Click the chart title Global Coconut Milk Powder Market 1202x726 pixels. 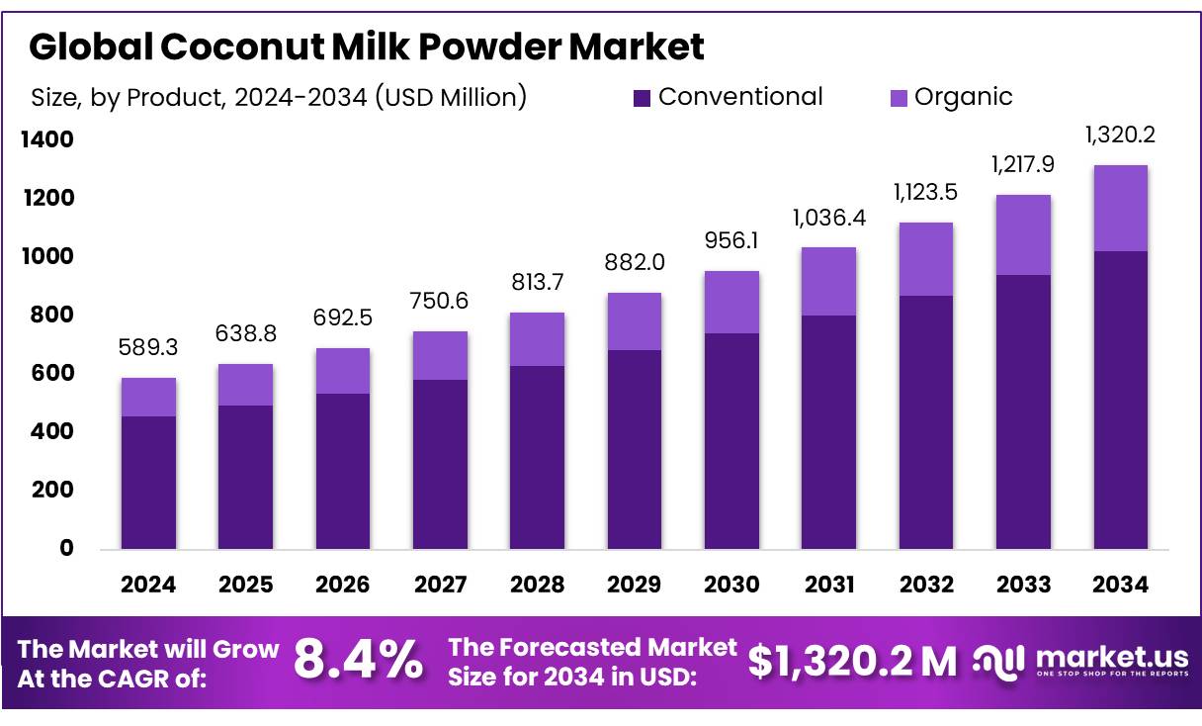(367, 46)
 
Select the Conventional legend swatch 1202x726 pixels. (643, 98)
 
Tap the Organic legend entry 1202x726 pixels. (951, 97)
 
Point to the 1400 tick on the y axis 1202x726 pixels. (48, 140)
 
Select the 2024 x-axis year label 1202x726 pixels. (148, 585)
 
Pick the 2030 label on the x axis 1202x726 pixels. (731, 585)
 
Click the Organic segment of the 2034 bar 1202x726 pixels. (1121, 208)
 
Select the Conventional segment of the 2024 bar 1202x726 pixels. (148, 482)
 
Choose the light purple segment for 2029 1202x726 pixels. (635, 321)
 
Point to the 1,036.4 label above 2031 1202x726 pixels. (828, 218)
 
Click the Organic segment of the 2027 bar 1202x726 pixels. (440, 355)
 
